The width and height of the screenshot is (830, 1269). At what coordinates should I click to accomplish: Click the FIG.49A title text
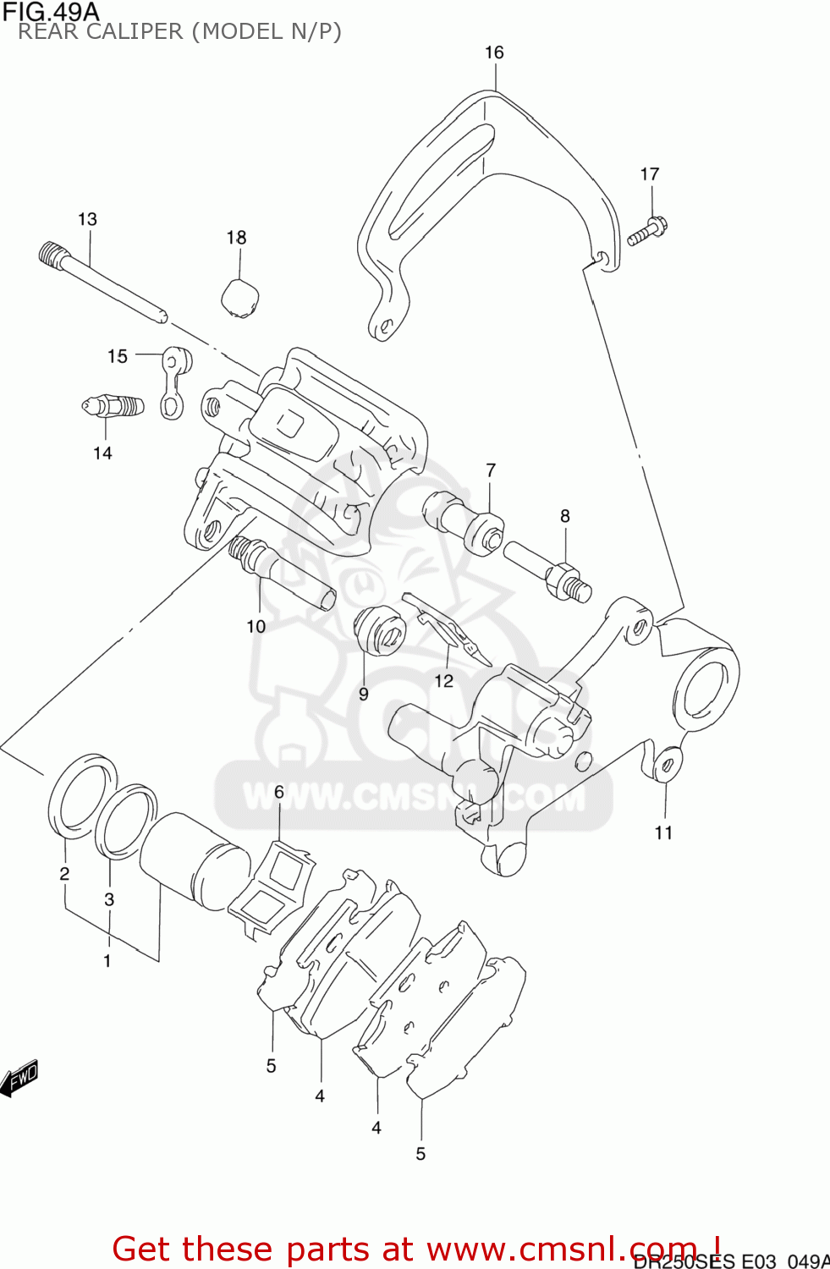(51, 12)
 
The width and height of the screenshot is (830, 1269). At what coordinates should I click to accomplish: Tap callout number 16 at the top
(494, 52)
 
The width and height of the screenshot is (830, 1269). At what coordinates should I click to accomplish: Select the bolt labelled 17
(647, 231)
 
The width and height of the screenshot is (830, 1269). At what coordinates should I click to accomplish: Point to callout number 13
(87, 219)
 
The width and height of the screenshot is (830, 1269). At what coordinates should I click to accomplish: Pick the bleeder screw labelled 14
(113, 407)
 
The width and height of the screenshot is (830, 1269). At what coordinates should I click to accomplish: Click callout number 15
(118, 356)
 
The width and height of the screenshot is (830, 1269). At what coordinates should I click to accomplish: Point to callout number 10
(256, 626)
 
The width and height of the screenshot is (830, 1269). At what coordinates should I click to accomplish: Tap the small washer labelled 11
(666, 765)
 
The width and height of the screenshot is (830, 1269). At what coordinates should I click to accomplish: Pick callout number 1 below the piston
(107, 961)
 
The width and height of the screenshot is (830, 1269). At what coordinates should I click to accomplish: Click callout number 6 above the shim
(279, 793)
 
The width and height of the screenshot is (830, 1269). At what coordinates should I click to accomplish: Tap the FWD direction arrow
(19, 1079)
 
